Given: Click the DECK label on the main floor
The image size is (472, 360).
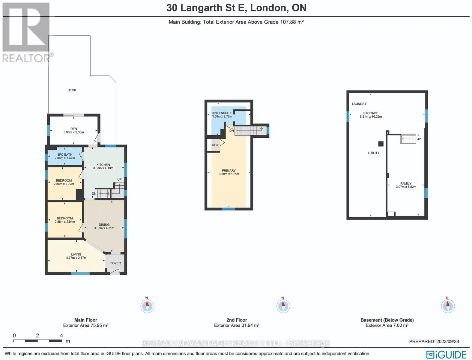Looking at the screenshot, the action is point(72,90).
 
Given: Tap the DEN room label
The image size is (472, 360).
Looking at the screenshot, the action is point(73,129).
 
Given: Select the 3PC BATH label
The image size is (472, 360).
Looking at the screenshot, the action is point(65,154).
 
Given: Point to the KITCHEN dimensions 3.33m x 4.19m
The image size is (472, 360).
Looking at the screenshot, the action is point(103,168).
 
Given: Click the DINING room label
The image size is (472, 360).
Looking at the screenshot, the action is point(104,224).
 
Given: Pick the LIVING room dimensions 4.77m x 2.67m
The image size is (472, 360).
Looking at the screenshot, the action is point(76,258).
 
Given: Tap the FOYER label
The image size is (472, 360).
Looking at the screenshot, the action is point(115,263).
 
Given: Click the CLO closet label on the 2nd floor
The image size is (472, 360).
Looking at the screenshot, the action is point(215,145).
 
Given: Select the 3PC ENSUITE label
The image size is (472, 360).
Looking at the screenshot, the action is point(222,113).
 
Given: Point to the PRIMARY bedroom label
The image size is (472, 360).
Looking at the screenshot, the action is point(229,170).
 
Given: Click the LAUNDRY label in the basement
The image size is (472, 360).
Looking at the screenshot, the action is point(359,104).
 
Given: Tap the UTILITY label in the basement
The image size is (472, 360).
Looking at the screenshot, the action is point(374,153).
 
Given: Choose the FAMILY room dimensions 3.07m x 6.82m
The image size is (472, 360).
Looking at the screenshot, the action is point(406,187).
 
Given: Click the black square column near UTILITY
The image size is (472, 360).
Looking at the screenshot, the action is point(381,144).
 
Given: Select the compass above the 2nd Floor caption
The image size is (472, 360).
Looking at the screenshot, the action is point(283,306).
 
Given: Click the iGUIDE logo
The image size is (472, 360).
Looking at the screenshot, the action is point(446,354).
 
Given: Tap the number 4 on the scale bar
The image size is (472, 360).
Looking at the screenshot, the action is point(61,335).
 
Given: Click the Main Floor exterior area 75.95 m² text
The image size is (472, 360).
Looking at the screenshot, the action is point(85,325).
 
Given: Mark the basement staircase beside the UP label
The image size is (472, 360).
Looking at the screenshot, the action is point(408,139).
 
